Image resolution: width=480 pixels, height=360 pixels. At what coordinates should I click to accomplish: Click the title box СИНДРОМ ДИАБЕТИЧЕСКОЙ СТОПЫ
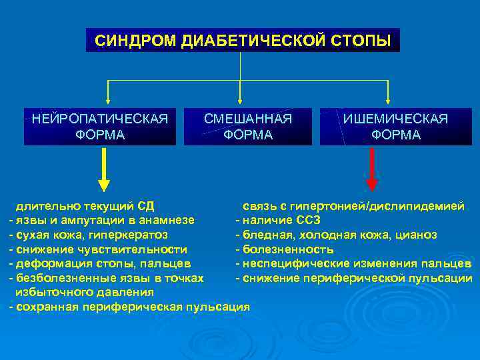point(243,40)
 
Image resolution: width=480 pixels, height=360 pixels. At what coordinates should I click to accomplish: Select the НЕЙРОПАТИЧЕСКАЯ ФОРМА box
point(100,127)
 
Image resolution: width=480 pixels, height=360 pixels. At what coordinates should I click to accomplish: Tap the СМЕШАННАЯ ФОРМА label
point(248,127)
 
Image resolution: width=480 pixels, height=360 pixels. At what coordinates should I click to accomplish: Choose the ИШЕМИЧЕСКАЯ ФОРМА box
point(395,127)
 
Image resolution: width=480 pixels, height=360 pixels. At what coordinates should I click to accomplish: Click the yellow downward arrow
point(104,170)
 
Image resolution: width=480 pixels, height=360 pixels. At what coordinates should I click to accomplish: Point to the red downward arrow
point(372,170)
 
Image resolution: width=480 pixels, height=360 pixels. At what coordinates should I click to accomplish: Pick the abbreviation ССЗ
point(307,220)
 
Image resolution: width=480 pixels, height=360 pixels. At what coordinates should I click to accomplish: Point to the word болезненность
point(288,249)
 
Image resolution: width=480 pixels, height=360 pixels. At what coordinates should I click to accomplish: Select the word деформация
point(47,264)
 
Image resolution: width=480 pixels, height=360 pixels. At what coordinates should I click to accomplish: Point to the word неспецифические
point(293,264)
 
